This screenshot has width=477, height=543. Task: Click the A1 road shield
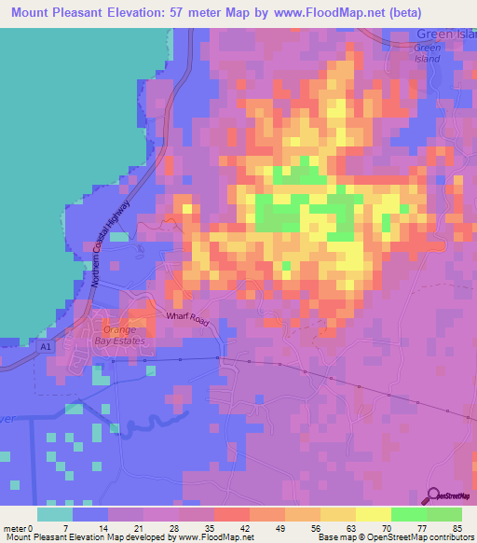pos(47,347)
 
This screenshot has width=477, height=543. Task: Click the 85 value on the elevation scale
pos(457,528)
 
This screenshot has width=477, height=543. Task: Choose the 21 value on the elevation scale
pos(143,528)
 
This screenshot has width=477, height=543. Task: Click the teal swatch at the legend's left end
pos(55,514)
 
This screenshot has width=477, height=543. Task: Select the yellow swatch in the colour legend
pos(373,514)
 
